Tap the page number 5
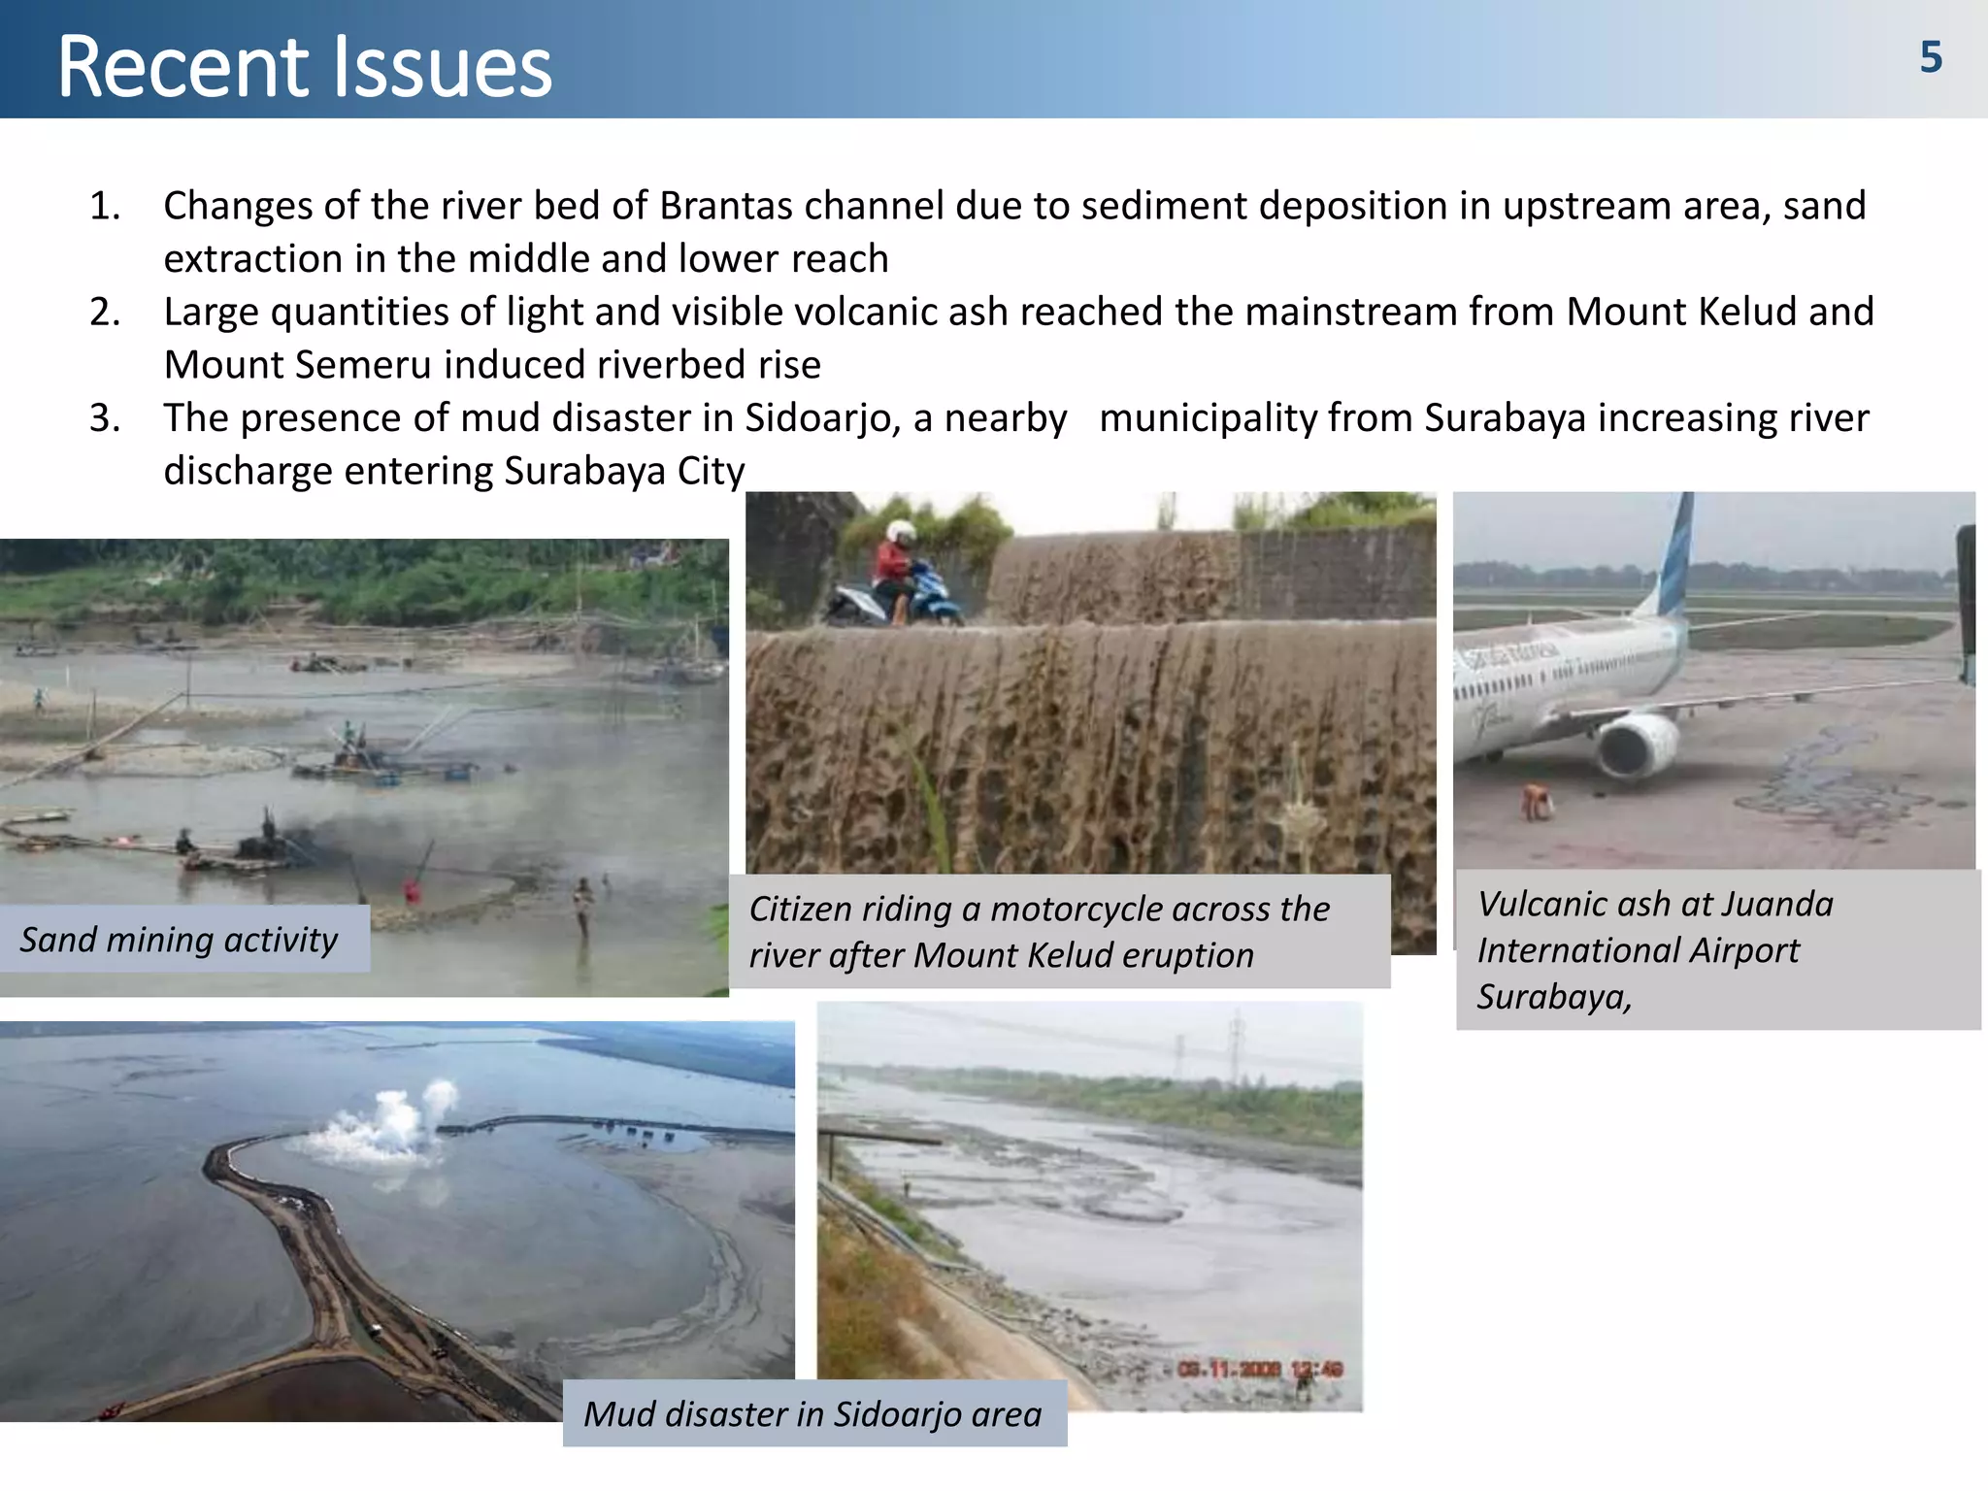(x=1931, y=58)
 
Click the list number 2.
(x=104, y=313)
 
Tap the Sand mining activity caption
(x=180, y=940)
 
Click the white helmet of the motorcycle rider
(x=902, y=532)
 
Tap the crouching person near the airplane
(x=1537, y=802)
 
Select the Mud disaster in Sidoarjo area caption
(x=812, y=1414)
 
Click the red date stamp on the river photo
(x=1259, y=1369)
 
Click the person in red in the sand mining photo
(x=412, y=889)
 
